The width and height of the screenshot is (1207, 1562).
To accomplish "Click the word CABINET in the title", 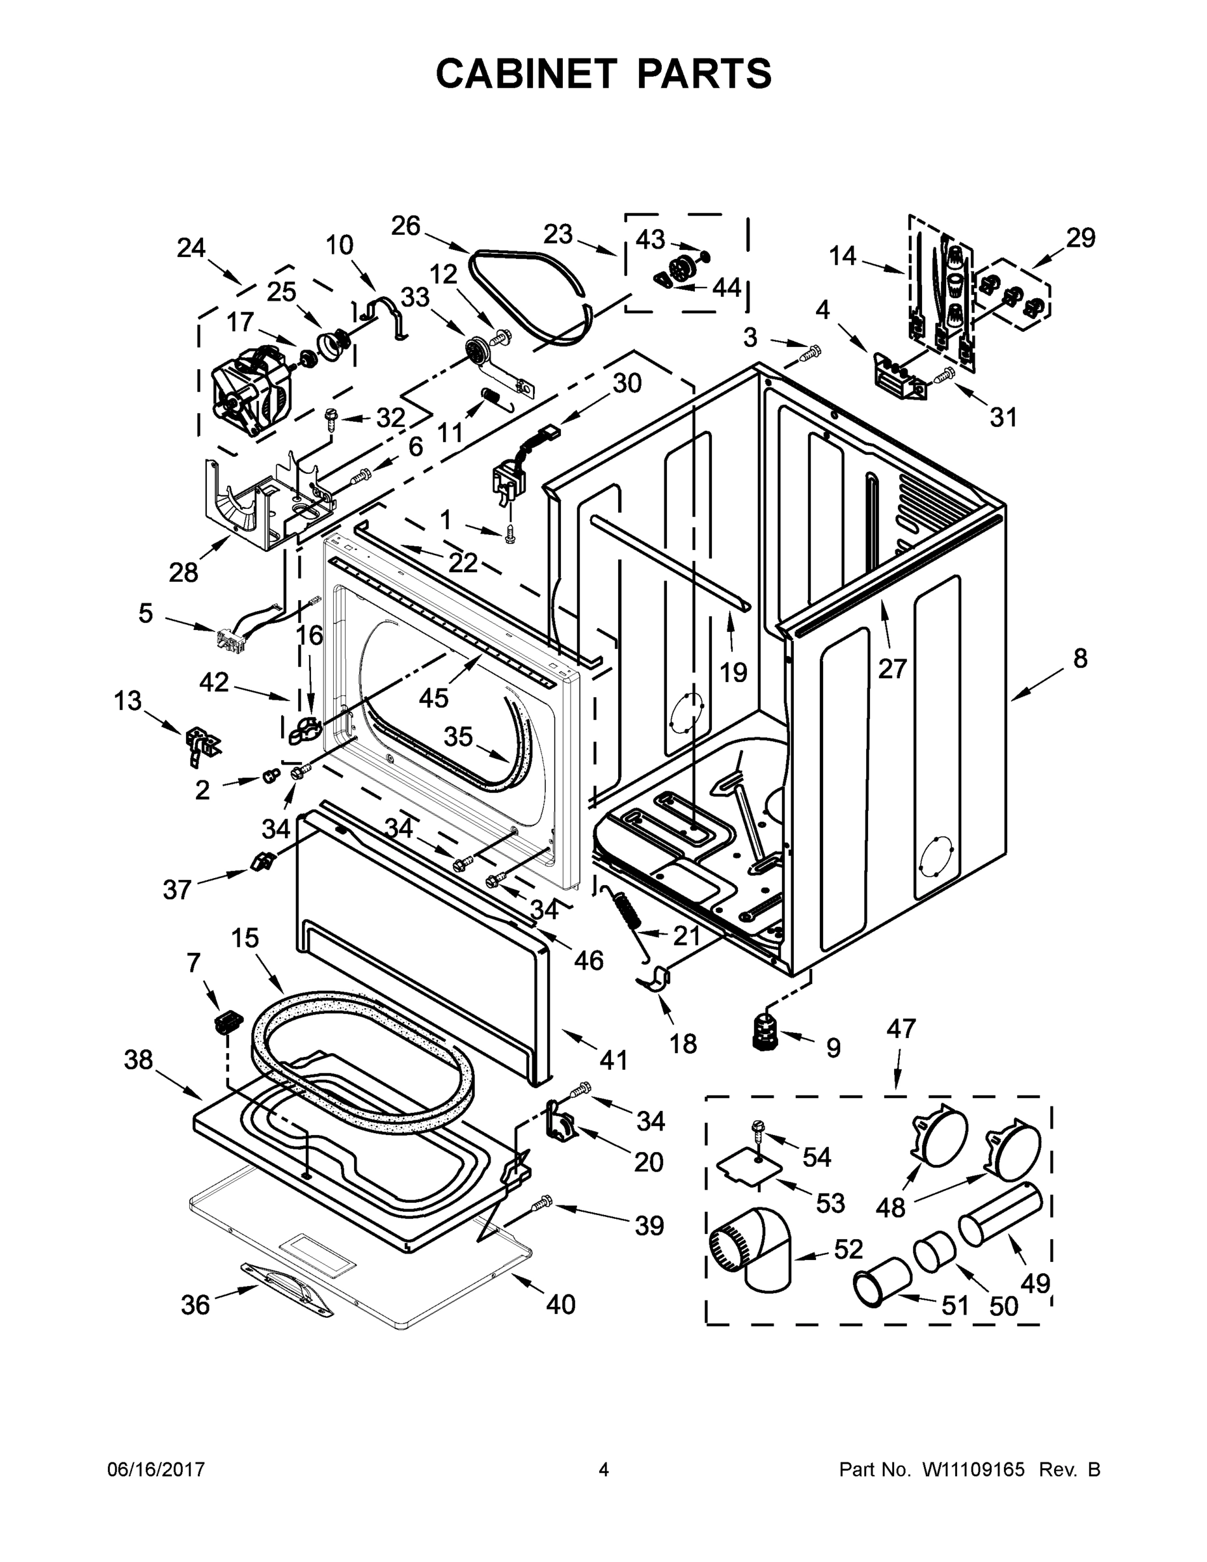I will point(526,74).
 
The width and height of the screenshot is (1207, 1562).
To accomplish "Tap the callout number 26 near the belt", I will point(405,226).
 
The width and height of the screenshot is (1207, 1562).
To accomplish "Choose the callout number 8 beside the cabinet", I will point(1079,658).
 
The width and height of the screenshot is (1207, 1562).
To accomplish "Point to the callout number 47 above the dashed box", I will point(901,1029).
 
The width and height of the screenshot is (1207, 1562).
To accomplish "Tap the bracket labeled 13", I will point(200,744).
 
